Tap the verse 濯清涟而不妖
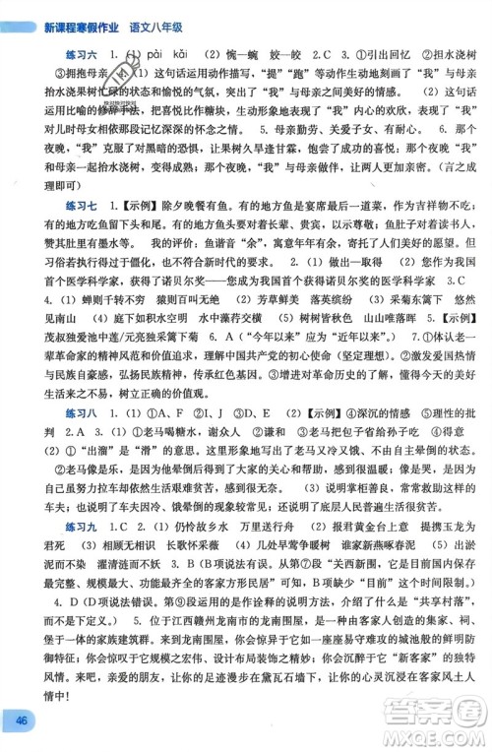[x=113, y=620]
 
